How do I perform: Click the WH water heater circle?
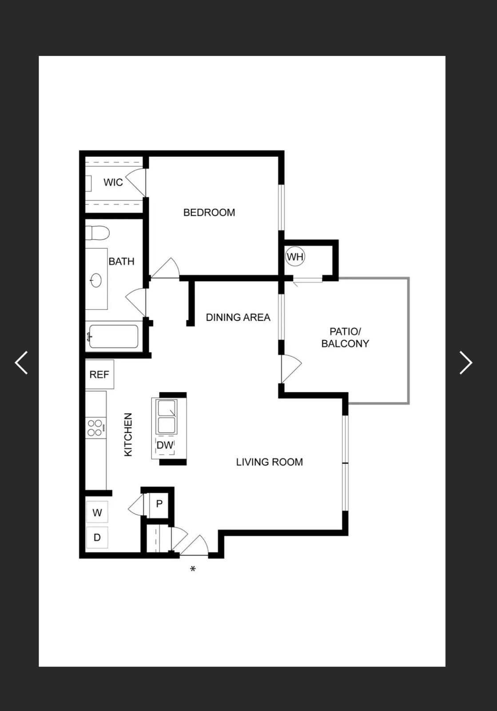click(295, 256)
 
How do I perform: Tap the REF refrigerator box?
click(99, 374)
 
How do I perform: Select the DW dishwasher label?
click(165, 445)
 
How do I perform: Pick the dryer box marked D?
click(97, 537)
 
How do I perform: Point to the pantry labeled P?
click(159, 504)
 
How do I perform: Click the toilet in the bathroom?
click(97, 233)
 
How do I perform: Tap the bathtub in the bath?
click(113, 336)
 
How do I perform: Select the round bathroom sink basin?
click(96, 280)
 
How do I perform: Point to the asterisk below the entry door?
click(192, 569)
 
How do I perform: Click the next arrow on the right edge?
click(466, 363)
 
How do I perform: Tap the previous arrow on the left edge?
click(21, 363)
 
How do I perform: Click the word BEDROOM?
click(209, 212)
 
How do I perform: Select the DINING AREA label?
click(238, 317)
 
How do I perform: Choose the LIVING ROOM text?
click(269, 462)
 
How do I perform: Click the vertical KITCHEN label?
click(128, 435)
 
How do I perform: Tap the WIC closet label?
click(113, 182)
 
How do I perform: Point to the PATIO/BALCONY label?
click(345, 337)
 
